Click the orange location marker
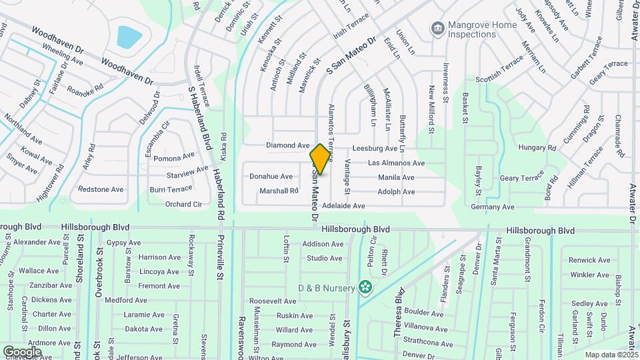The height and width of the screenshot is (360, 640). coord(320,159)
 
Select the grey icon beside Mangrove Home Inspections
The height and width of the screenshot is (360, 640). coord(438,28)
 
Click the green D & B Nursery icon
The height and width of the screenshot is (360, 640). coord(365,287)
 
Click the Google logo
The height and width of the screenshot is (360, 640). coord(22,351)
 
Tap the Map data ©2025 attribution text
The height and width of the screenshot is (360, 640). coord(611,355)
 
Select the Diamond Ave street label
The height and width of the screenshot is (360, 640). coord(288,145)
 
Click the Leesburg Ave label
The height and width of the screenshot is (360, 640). coord(378,149)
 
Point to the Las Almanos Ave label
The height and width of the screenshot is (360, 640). coord(396,163)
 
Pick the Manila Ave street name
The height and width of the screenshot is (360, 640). coord(396,177)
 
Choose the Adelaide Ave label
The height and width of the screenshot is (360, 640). coord(343,207)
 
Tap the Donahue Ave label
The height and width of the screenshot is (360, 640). coord(271,177)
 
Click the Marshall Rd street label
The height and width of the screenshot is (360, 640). coord(279,191)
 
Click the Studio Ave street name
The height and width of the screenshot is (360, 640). coord(325,259)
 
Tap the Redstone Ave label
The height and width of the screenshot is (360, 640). coord(101,189)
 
